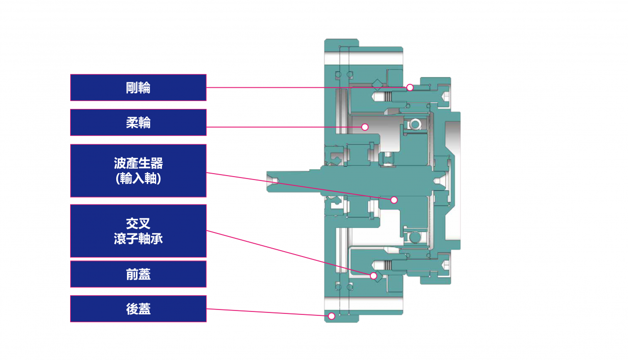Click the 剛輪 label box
point(138,88)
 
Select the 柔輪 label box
point(138,123)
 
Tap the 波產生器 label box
point(138,171)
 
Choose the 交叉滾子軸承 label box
point(138,231)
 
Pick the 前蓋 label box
point(138,274)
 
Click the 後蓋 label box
point(138,309)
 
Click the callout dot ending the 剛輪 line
point(410,87)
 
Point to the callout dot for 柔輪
point(365,127)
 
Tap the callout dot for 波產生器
point(393,200)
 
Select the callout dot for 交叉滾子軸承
point(374,276)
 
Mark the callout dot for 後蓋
point(331,316)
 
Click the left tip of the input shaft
point(268,182)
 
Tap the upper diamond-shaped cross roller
point(377,83)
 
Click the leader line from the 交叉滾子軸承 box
point(289,253)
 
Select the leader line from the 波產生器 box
point(299,186)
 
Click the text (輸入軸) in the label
point(138,179)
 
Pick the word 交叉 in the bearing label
point(138,224)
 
